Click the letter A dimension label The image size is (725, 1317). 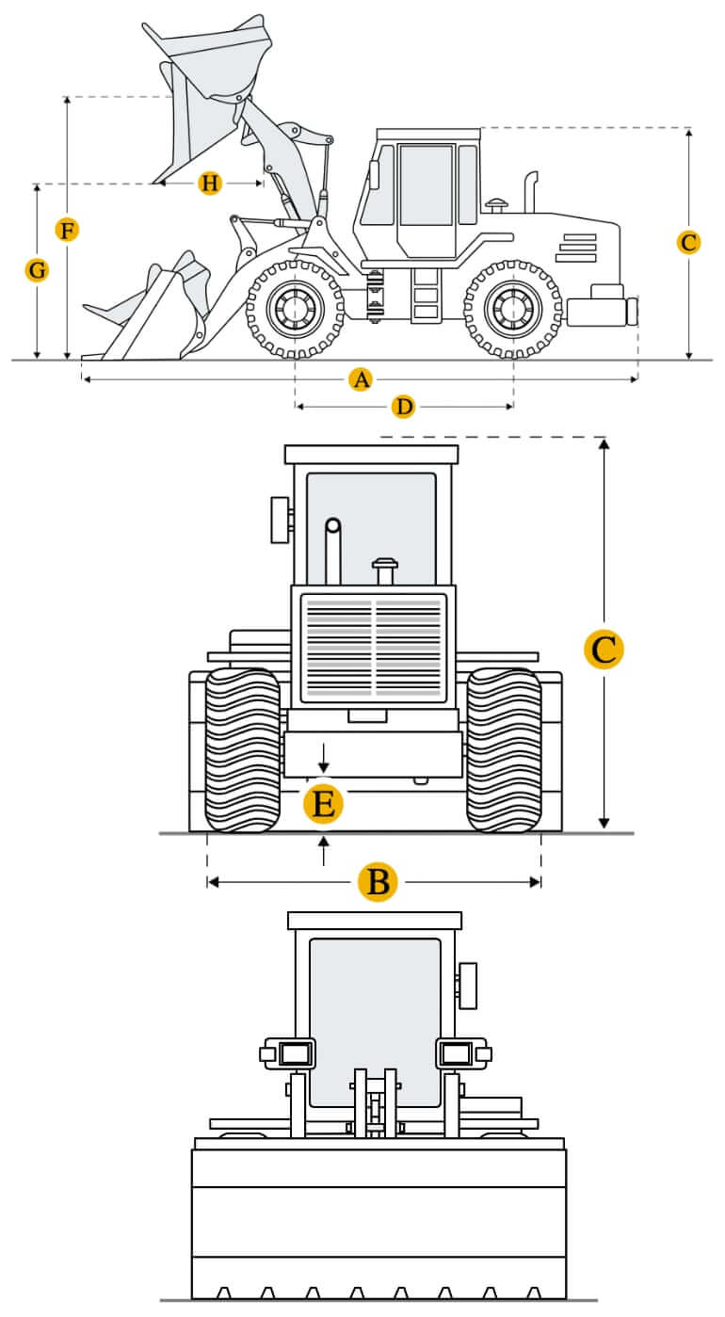(x=362, y=379)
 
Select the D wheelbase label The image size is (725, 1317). (x=403, y=407)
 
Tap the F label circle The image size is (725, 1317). (x=68, y=230)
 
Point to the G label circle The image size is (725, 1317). (x=37, y=270)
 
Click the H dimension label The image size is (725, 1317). (x=210, y=184)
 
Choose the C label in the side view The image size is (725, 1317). (x=688, y=242)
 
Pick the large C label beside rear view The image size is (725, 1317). (x=604, y=650)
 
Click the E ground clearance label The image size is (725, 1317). (x=323, y=804)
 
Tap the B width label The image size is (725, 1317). (x=379, y=882)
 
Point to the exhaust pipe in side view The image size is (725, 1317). (x=531, y=192)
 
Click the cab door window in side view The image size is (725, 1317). (x=427, y=185)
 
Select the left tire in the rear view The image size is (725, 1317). (x=242, y=750)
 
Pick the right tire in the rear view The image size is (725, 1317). (x=505, y=750)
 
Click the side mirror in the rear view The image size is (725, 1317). (x=281, y=520)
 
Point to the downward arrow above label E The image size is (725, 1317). (x=323, y=757)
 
